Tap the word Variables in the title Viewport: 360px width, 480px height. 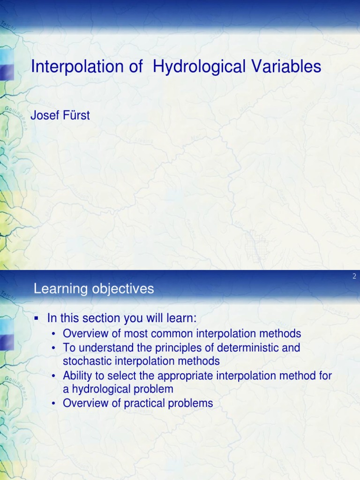pyautogui.click(x=285, y=67)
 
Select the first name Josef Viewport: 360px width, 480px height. pyautogui.click(x=45, y=115)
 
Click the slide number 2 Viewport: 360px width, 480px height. pyautogui.click(x=354, y=277)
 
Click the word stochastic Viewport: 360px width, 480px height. pyautogui.click(x=86, y=361)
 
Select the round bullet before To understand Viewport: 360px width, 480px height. pyautogui.click(x=55, y=348)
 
